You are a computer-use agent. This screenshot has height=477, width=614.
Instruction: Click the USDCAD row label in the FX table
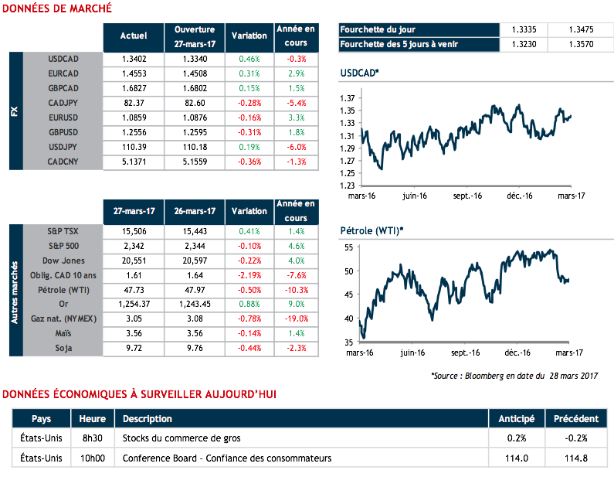tap(64, 59)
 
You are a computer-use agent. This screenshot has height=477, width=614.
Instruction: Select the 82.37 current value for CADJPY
tap(133, 103)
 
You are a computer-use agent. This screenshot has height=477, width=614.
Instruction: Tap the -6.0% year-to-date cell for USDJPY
tap(295, 147)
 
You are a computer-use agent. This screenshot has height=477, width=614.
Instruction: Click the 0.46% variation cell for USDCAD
tap(250, 59)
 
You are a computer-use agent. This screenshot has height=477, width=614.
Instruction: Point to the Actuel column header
tap(134, 36)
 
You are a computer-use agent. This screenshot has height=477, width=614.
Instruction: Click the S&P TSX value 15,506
tap(133, 231)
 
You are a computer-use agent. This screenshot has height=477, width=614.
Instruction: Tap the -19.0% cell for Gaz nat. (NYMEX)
tap(294, 319)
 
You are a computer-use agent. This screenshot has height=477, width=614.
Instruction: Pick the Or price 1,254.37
tap(133, 304)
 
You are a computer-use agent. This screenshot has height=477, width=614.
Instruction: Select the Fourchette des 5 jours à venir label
tap(398, 44)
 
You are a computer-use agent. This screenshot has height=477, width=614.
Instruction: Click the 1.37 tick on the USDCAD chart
tap(348, 98)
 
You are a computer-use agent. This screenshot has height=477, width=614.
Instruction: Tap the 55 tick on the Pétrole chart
tap(348, 247)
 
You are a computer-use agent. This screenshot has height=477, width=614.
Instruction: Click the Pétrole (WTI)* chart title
tap(371, 231)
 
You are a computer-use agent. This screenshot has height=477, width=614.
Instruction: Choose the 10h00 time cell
tap(93, 458)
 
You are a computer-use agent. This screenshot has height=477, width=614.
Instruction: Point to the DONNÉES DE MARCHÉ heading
tap(58, 9)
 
